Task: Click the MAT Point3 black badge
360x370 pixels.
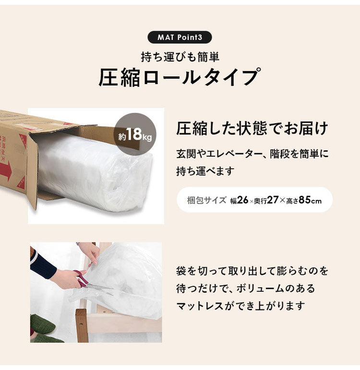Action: [x=180, y=37]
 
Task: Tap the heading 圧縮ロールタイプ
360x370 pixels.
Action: [x=180, y=77]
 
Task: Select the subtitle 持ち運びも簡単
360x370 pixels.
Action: [x=180, y=57]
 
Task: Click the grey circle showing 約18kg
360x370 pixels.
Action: [x=135, y=134]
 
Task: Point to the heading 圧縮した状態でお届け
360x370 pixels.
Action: [x=252, y=129]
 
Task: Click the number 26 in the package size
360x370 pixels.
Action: [x=242, y=200]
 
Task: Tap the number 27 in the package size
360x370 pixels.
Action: [x=273, y=200]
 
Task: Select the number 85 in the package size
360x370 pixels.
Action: [x=305, y=200]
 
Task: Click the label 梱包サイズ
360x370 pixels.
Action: [x=206, y=200]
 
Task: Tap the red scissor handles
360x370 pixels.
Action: [x=81, y=278]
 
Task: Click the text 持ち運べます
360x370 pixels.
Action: [x=205, y=171]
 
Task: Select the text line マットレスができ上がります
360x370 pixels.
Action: [x=240, y=306]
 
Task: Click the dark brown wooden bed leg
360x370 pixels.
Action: [x=82, y=326]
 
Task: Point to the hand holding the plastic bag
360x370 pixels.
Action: [x=89, y=252]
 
